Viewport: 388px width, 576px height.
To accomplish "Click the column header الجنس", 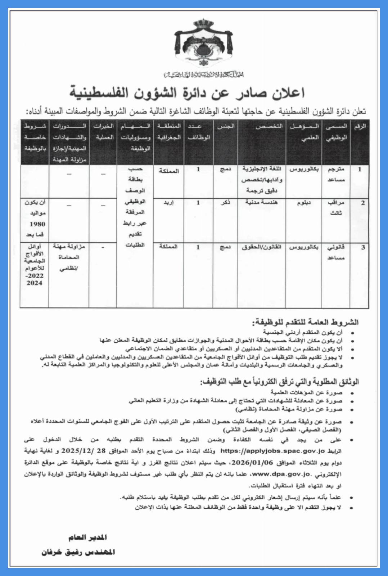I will [226, 126].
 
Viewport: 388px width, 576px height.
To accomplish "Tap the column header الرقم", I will [360, 126].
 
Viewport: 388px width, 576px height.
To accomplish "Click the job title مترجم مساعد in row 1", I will [336, 174].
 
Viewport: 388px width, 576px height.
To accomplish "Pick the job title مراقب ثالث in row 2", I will [336, 208].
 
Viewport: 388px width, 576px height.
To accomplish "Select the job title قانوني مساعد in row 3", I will [336, 252].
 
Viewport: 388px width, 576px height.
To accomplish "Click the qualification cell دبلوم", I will [304, 203].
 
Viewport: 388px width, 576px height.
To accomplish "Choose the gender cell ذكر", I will [226, 203].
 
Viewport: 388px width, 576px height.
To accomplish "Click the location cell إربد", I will [168, 203].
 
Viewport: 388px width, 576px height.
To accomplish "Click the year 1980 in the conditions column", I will [37, 224].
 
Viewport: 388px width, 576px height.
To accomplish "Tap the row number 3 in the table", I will [363, 247].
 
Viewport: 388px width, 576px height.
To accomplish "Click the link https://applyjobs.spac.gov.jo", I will [272, 451].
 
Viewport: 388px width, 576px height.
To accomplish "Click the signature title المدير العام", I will [88, 537].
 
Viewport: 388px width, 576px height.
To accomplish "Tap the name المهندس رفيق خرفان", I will [78, 552].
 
